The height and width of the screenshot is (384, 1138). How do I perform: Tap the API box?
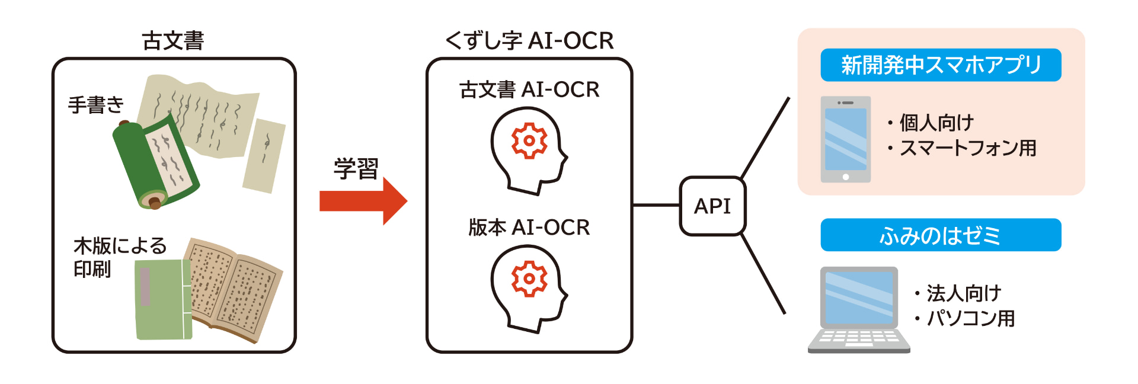tap(712, 206)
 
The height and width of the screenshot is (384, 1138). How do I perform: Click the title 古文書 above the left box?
tap(173, 41)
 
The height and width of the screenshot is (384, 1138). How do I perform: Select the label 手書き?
tap(96, 105)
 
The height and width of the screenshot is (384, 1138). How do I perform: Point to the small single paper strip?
tap(264, 156)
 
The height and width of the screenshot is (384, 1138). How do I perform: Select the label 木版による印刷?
tap(119, 257)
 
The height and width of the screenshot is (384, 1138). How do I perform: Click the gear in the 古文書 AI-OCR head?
tap(529, 141)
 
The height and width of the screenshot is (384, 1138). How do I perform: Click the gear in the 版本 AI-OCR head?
tap(529, 279)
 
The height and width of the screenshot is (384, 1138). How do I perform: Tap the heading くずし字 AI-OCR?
tap(529, 40)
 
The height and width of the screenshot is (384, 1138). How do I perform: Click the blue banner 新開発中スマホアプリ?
tap(941, 65)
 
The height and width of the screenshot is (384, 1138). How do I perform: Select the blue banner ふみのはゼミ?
tap(941, 235)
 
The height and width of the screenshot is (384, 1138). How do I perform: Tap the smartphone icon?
tap(846, 139)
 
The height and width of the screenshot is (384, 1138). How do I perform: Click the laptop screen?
tap(859, 297)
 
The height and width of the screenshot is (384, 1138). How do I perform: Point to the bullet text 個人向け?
tap(936, 123)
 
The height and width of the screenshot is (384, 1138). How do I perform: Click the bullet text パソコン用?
tap(970, 318)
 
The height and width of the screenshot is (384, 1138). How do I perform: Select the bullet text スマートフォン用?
tap(967, 148)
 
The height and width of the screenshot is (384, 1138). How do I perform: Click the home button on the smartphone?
tap(846, 177)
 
